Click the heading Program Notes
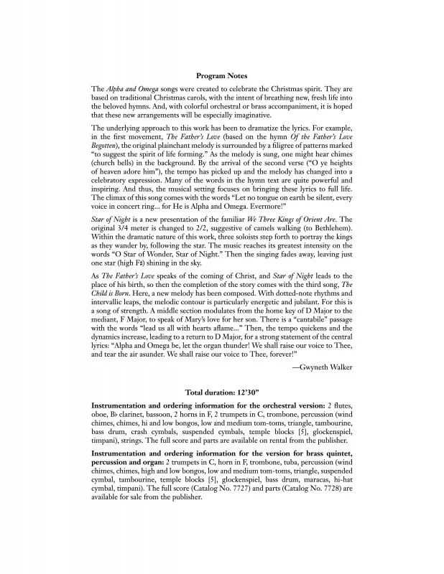pos(221,75)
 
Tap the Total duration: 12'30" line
pos(222,393)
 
